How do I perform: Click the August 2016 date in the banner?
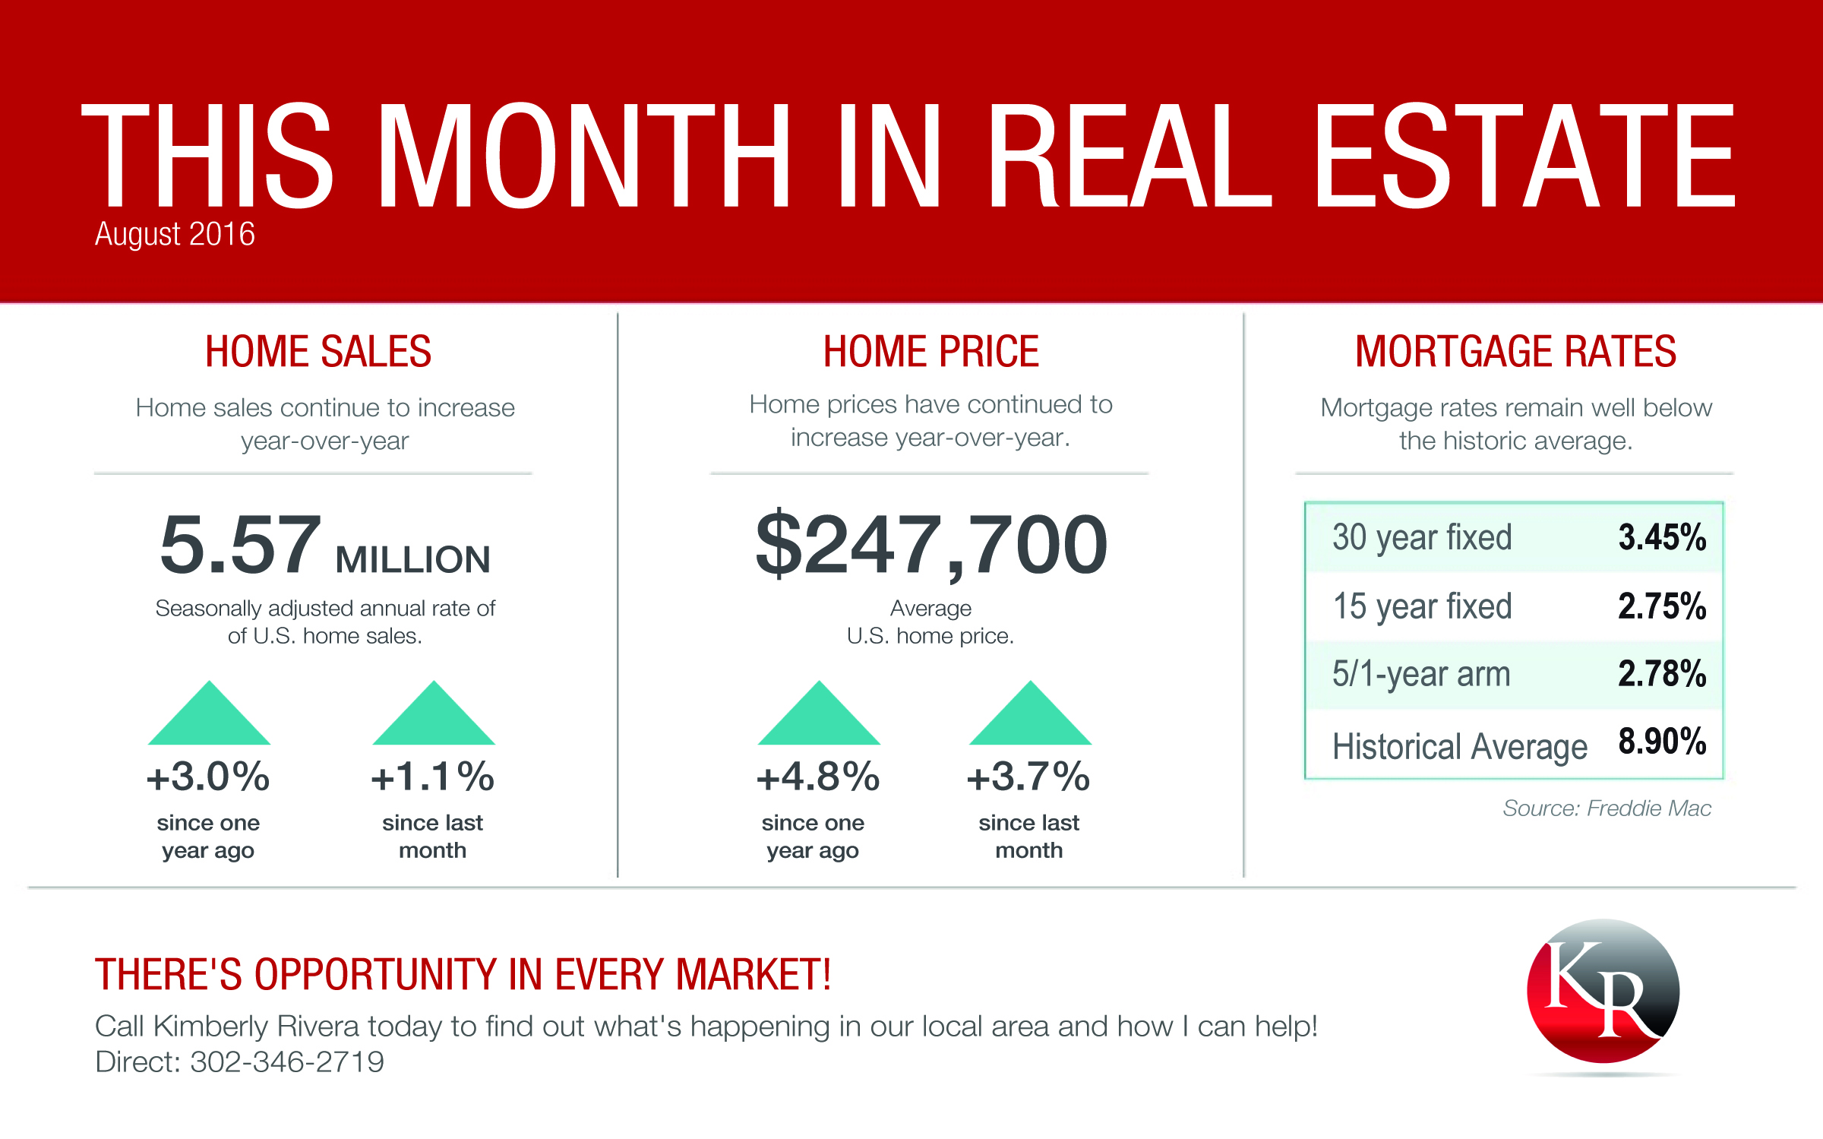point(175,234)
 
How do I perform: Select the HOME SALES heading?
point(318,352)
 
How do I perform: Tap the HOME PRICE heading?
point(931,352)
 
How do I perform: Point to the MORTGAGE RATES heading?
point(1516,352)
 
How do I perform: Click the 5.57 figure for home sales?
point(241,544)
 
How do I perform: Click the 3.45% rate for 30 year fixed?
point(1663,537)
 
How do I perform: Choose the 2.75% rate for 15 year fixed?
point(1663,606)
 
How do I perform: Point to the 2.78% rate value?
point(1663,674)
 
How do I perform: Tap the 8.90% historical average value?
point(1663,742)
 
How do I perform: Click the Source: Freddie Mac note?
point(1607,808)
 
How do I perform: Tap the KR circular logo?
point(1603,992)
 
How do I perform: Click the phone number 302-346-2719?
point(287,1062)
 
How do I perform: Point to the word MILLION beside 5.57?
point(413,560)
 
